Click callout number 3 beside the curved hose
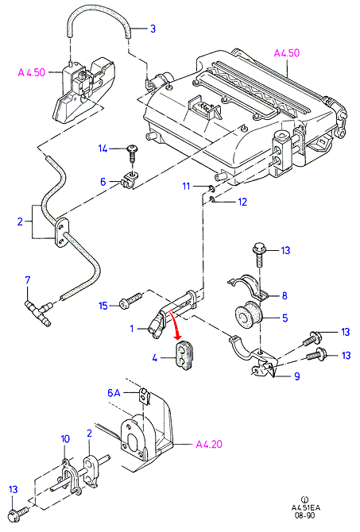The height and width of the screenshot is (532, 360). coord(153,29)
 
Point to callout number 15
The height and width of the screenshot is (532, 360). coord(103,306)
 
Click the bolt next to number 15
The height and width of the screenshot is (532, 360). coord(131,300)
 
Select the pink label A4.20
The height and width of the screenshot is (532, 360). coord(209,444)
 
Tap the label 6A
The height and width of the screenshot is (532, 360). coord(114,393)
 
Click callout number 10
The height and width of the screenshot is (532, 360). coord(65,438)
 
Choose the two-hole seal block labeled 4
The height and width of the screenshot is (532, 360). coord(185,357)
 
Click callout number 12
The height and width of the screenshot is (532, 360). coord(242,202)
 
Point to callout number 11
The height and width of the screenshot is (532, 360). coord(186,186)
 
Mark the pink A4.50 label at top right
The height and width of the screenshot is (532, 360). coord(287,53)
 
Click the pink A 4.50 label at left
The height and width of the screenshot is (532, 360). coord(31,72)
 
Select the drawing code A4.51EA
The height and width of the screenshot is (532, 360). coord(306,508)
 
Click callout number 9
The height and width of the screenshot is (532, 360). coord(297,376)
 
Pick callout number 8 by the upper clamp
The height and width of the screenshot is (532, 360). coord(285,295)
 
